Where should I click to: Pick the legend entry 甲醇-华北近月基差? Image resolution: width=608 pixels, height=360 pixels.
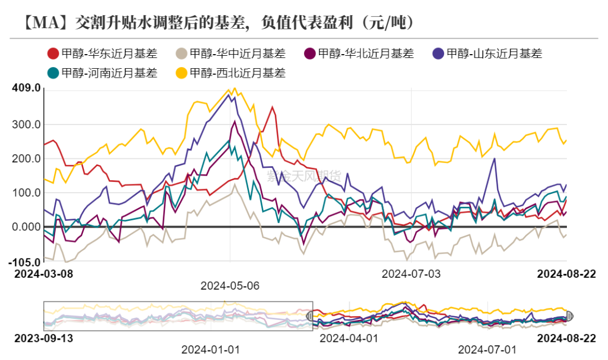358,54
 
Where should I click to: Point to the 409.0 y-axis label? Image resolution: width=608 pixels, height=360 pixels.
26,88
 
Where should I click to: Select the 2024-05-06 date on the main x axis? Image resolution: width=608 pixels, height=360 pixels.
230,285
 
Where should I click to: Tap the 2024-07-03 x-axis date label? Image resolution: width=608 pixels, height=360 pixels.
412,273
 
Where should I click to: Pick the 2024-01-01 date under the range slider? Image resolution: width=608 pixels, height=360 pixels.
211,349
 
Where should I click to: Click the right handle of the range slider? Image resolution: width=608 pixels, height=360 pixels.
569,315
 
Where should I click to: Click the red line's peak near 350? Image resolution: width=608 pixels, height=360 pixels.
272,107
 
